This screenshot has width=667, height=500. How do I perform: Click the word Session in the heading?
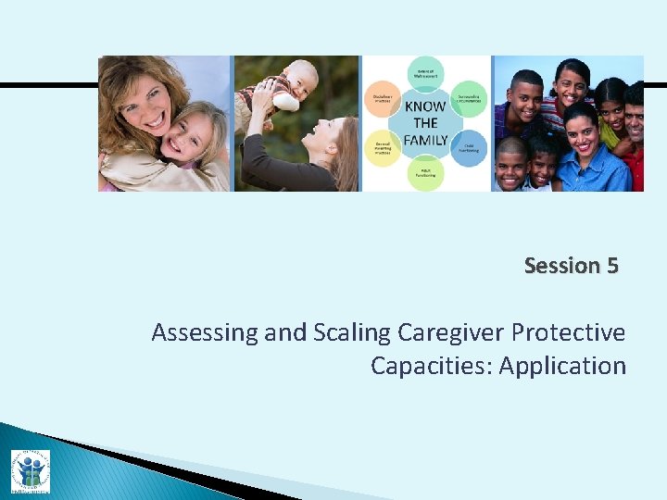click(x=561, y=266)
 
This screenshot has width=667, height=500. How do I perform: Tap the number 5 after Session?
click(x=612, y=266)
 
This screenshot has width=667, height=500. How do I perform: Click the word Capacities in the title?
click(x=431, y=366)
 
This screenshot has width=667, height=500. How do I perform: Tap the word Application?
click(x=562, y=366)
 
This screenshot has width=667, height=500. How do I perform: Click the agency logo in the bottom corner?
click(x=30, y=470)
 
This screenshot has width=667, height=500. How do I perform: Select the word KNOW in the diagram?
click(x=425, y=106)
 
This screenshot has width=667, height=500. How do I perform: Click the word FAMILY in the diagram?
click(x=425, y=140)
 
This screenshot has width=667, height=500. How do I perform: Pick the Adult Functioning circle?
click(x=425, y=172)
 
